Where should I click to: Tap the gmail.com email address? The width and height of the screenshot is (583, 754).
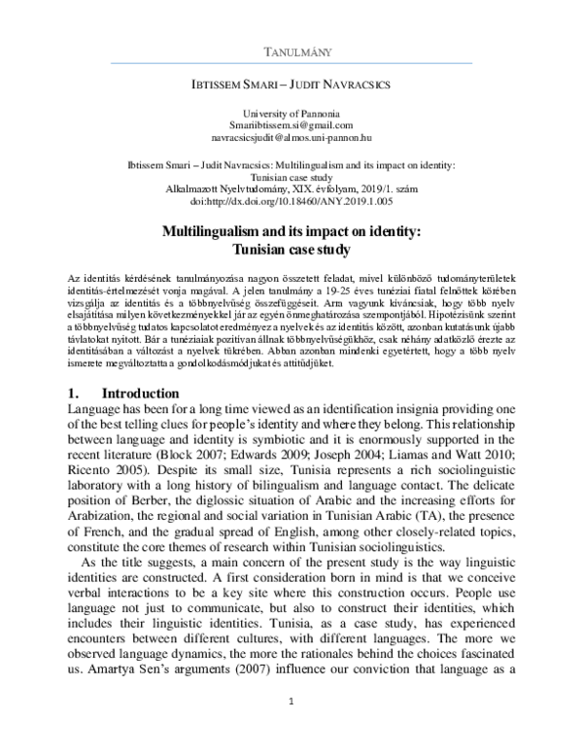(x=291, y=127)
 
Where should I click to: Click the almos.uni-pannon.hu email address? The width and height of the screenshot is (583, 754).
(x=291, y=140)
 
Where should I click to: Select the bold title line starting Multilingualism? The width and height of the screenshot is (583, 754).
(x=291, y=232)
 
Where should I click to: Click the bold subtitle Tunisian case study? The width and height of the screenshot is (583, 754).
(x=291, y=249)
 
